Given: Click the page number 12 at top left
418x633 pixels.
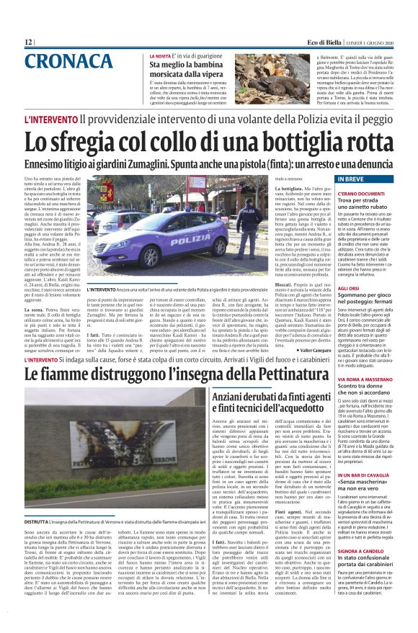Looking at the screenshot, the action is click(x=28, y=42).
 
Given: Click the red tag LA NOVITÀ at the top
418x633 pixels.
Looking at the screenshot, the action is click(x=160, y=55).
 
